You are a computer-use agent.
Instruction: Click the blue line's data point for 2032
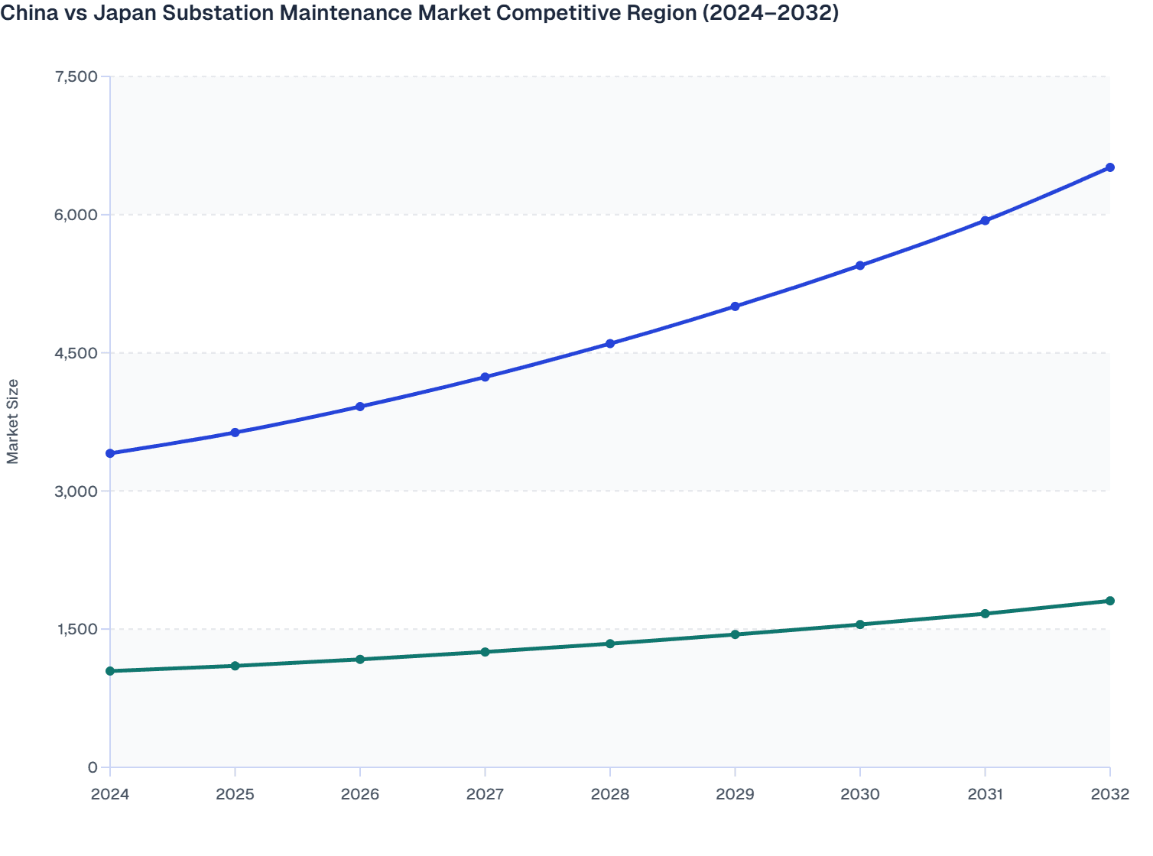pyautogui.click(x=1109, y=167)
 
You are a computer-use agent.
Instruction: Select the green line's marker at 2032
pyautogui.click(x=1109, y=601)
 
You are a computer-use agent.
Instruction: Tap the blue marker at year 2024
pyautogui.click(x=110, y=453)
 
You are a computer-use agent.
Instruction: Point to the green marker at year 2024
pyautogui.click(x=110, y=671)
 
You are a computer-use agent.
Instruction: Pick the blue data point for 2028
pyautogui.click(x=610, y=343)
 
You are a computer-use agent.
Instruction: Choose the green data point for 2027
pyautogui.click(x=485, y=652)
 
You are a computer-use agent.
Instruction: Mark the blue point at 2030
pyautogui.click(x=860, y=265)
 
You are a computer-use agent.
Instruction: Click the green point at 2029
pyautogui.click(x=735, y=634)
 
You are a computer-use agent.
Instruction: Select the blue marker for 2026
pyautogui.click(x=360, y=407)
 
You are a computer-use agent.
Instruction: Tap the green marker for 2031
pyautogui.click(x=985, y=614)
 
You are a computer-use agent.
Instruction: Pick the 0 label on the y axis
pyautogui.click(x=93, y=767)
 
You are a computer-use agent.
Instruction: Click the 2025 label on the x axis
pyautogui.click(x=235, y=794)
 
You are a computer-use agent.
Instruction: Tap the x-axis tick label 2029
pyautogui.click(x=735, y=794)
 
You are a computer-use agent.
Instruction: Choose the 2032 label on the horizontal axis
pyautogui.click(x=1109, y=794)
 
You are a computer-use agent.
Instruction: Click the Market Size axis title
pyautogui.click(x=13, y=421)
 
